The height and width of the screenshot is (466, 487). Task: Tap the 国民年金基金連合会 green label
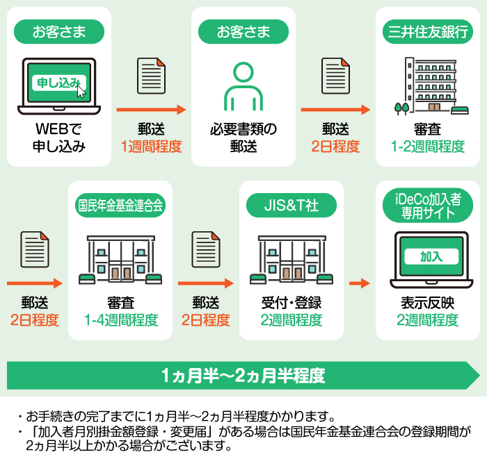point(120,205)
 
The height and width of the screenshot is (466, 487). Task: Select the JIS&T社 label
point(292,205)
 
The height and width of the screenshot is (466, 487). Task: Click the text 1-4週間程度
point(120,320)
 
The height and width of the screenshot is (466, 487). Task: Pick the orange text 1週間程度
point(151,147)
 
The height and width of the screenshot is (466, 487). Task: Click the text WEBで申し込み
point(59,138)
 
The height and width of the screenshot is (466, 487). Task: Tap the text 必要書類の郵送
point(243,138)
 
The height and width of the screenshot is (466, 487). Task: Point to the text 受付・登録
point(292,303)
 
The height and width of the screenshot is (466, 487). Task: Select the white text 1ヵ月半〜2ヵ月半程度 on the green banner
point(243,376)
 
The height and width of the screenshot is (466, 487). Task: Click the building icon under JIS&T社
point(292,259)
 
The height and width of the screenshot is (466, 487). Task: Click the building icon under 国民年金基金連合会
point(120,259)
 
